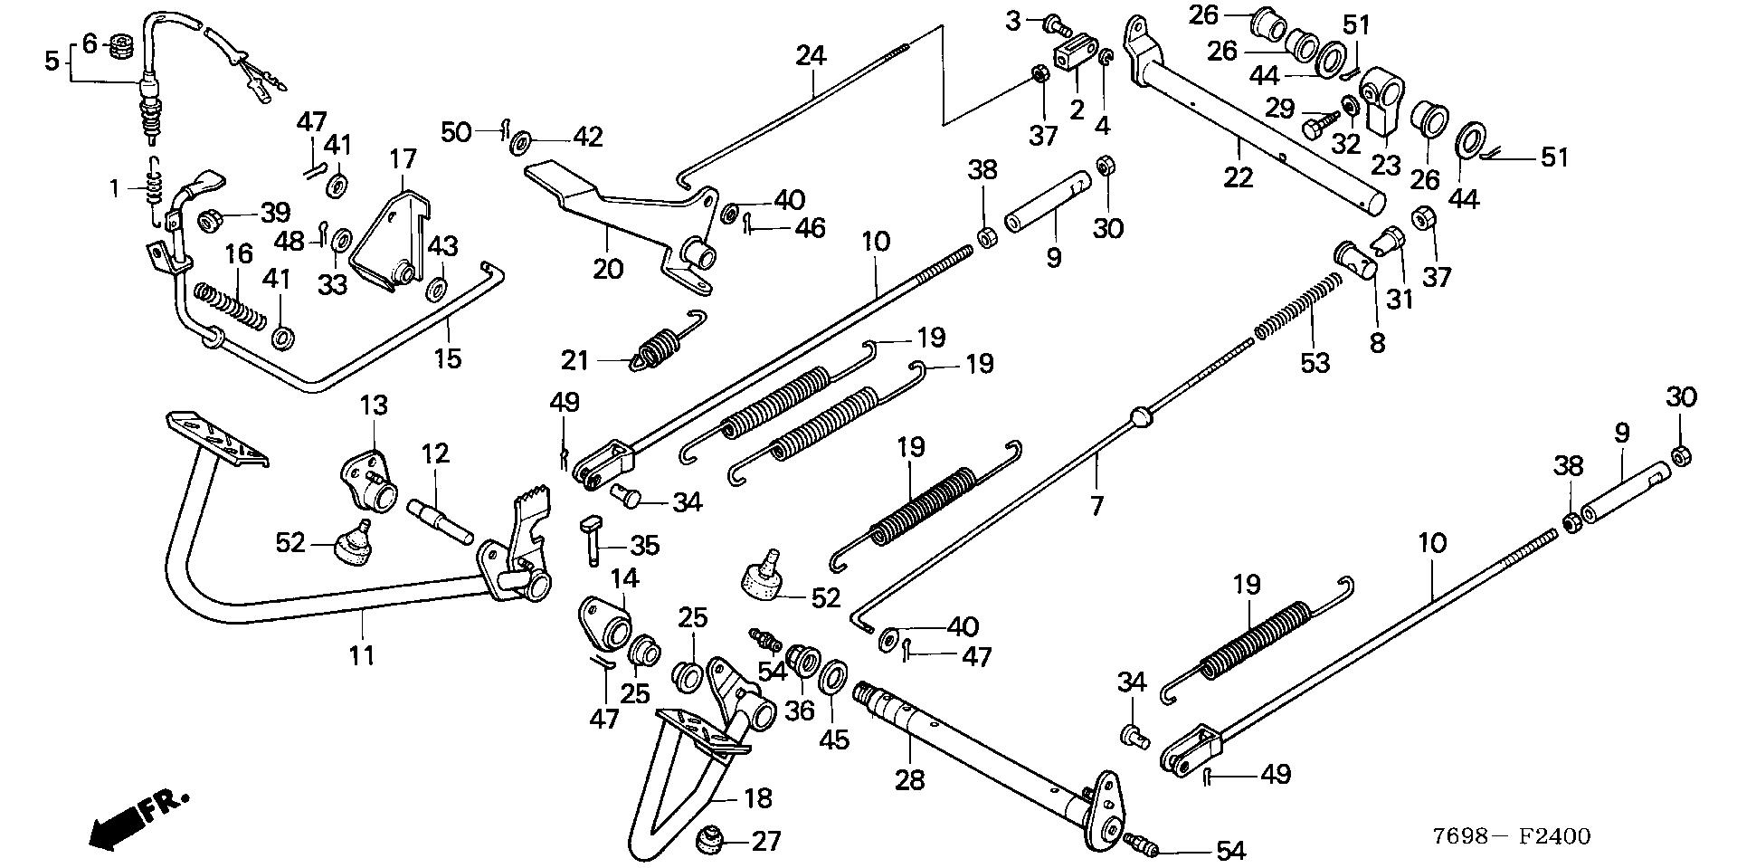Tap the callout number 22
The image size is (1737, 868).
(x=1238, y=176)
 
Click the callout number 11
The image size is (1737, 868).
(x=362, y=654)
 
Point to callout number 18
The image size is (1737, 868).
(x=758, y=797)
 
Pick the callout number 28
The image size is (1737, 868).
(x=910, y=778)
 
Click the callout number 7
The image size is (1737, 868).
(x=1096, y=505)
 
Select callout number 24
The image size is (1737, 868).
(x=811, y=55)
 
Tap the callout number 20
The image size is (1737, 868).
(x=608, y=268)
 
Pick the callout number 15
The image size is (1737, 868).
(x=447, y=358)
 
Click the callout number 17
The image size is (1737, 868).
(x=403, y=160)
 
